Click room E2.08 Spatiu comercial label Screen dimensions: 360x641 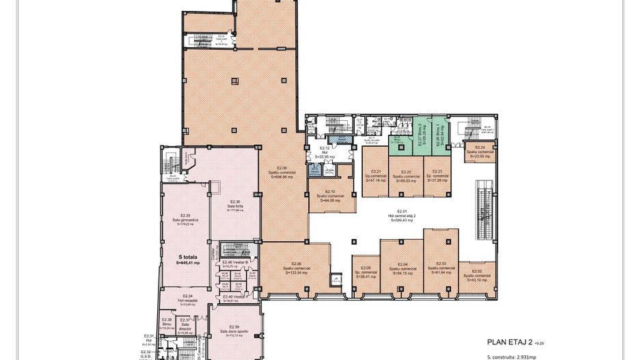click(x=282, y=171)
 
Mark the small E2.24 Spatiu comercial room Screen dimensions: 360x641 click(x=480, y=152)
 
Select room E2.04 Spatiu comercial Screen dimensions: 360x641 click(x=403, y=268)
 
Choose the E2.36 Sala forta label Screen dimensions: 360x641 click(x=235, y=206)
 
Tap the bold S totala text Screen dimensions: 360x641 click(x=187, y=260)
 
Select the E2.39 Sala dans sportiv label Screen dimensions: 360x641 click(x=234, y=331)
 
